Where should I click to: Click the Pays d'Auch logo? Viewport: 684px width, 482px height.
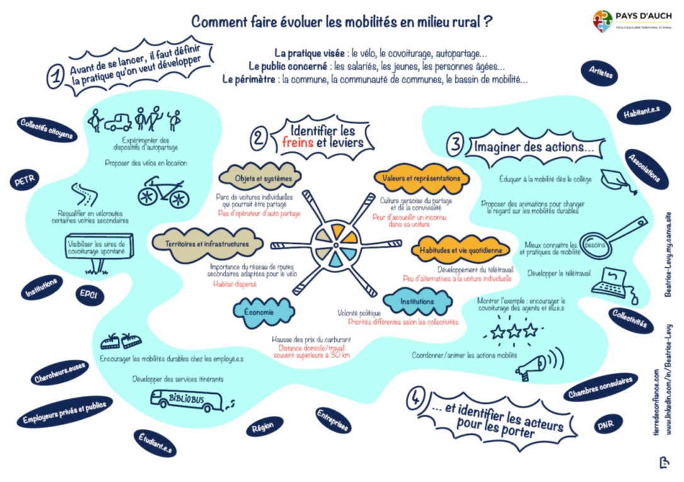[603, 21]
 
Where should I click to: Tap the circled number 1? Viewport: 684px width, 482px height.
[56, 77]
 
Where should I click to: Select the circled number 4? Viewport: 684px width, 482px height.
[416, 398]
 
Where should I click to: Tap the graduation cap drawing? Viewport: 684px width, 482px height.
[615, 179]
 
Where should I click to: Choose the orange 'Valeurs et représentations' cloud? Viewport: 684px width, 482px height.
[421, 178]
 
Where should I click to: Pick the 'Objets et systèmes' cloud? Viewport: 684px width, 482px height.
[259, 178]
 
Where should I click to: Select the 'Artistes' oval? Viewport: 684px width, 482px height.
[601, 72]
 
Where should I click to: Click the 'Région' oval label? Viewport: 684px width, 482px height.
[263, 427]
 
